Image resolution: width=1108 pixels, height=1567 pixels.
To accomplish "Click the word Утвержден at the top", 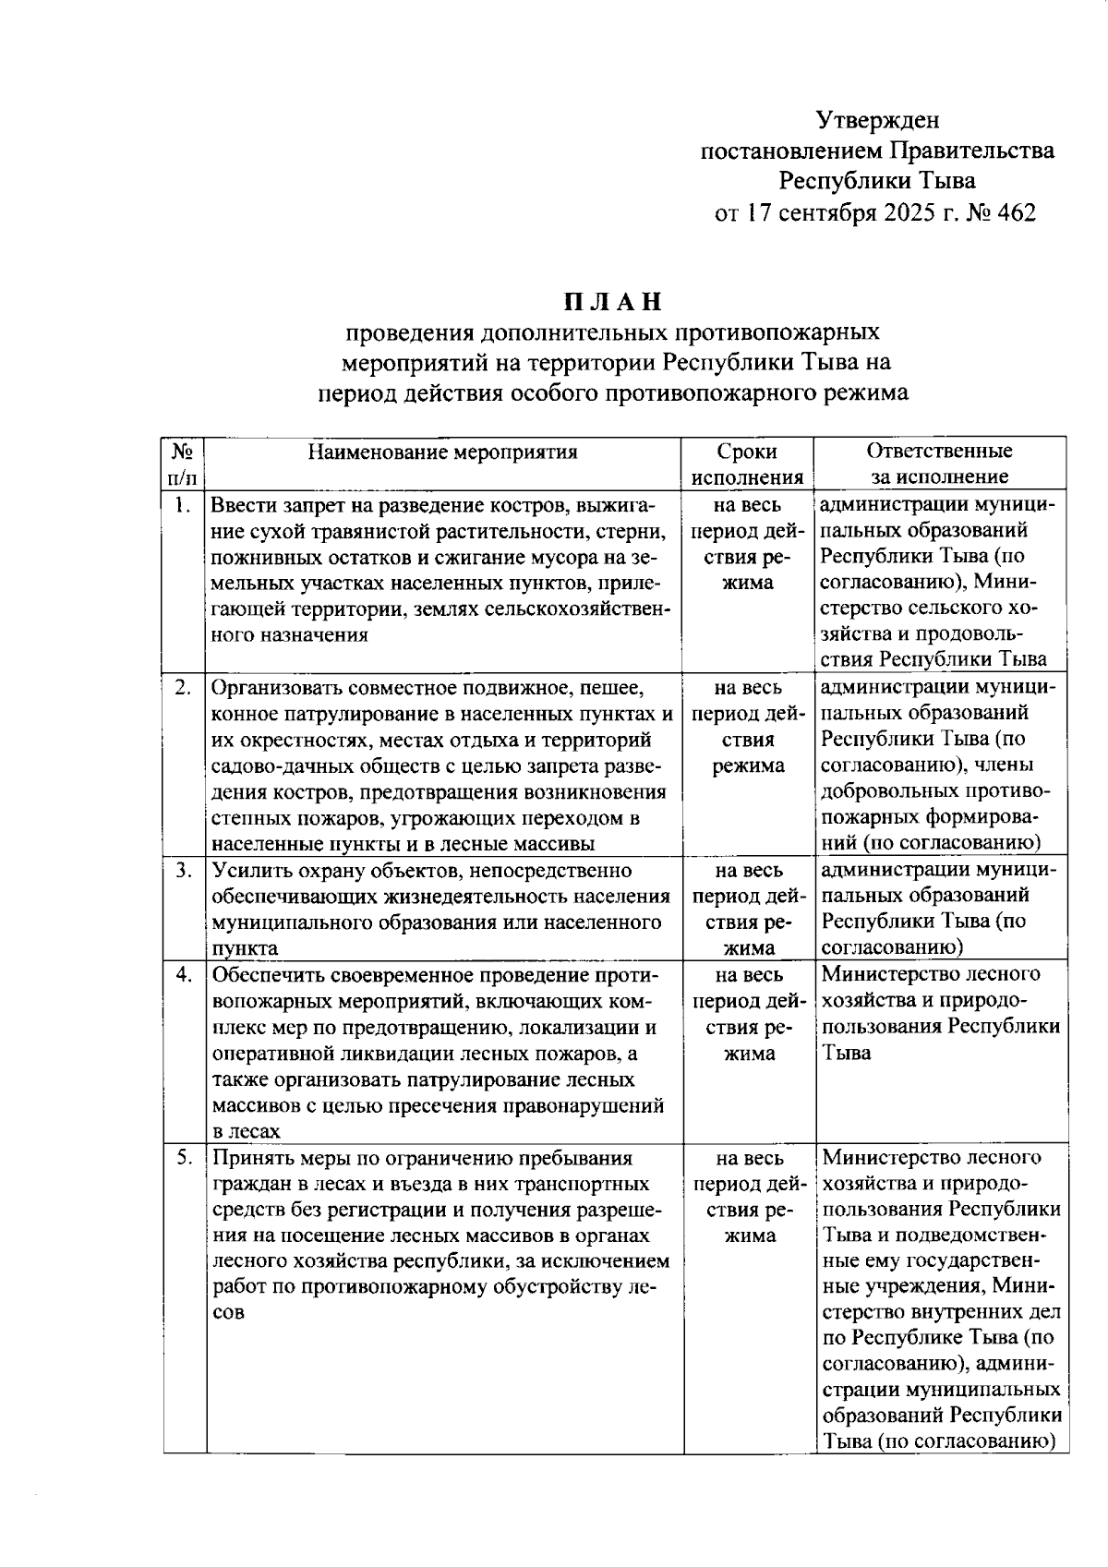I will [877, 120].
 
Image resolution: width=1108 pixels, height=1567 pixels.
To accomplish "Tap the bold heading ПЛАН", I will [614, 302].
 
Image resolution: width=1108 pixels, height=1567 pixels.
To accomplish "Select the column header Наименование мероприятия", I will [442, 452].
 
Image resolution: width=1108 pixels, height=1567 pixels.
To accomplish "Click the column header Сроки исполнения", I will [747, 464].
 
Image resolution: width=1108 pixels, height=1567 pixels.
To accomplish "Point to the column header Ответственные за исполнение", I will [939, 464].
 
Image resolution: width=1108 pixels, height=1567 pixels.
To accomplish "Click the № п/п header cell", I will [183, 464].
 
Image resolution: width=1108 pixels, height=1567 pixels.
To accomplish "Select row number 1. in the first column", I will [183, 505].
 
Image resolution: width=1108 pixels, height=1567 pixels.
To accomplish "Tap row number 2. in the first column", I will [183, 687].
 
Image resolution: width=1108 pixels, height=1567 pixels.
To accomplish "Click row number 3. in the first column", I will [183, 870].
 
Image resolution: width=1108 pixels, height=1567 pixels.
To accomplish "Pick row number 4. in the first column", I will [183, 974].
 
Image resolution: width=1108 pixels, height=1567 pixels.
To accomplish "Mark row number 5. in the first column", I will [183, 1157].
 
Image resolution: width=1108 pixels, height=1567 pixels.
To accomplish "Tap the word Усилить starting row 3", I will [246, 870].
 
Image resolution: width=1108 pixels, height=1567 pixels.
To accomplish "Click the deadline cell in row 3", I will [747, 909].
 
